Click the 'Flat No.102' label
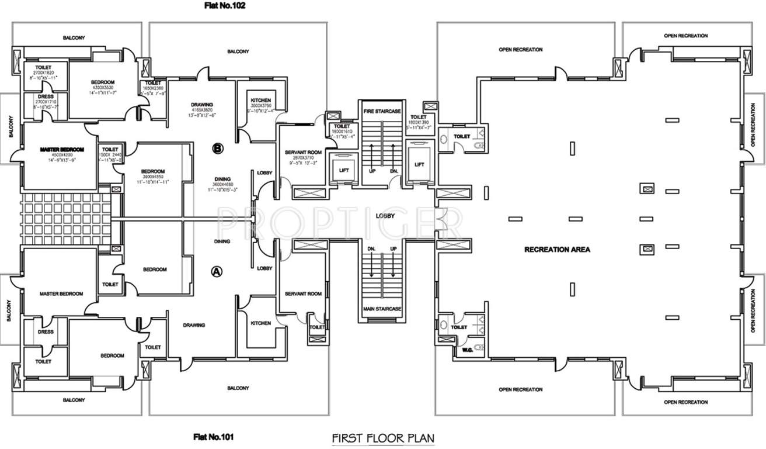click(x=225, y=6)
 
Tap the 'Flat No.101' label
click(x=215, y=436)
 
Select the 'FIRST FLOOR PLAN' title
click(x=382, y=437)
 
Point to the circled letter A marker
click(x=216, y=271)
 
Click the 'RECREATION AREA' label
click(x=557, y=250)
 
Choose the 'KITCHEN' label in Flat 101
click(x=260, y=323)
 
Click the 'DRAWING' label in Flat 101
click(x=193, y=325)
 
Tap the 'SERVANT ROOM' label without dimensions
click(x=304, y=293)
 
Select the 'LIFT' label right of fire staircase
click(x=419, y=165)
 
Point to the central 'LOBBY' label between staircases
click(x=385, y=216)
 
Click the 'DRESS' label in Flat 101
click(x=46, y=332)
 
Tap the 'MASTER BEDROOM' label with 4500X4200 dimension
click(x=62, y=150)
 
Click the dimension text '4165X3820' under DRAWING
click(x=201, y=110)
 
